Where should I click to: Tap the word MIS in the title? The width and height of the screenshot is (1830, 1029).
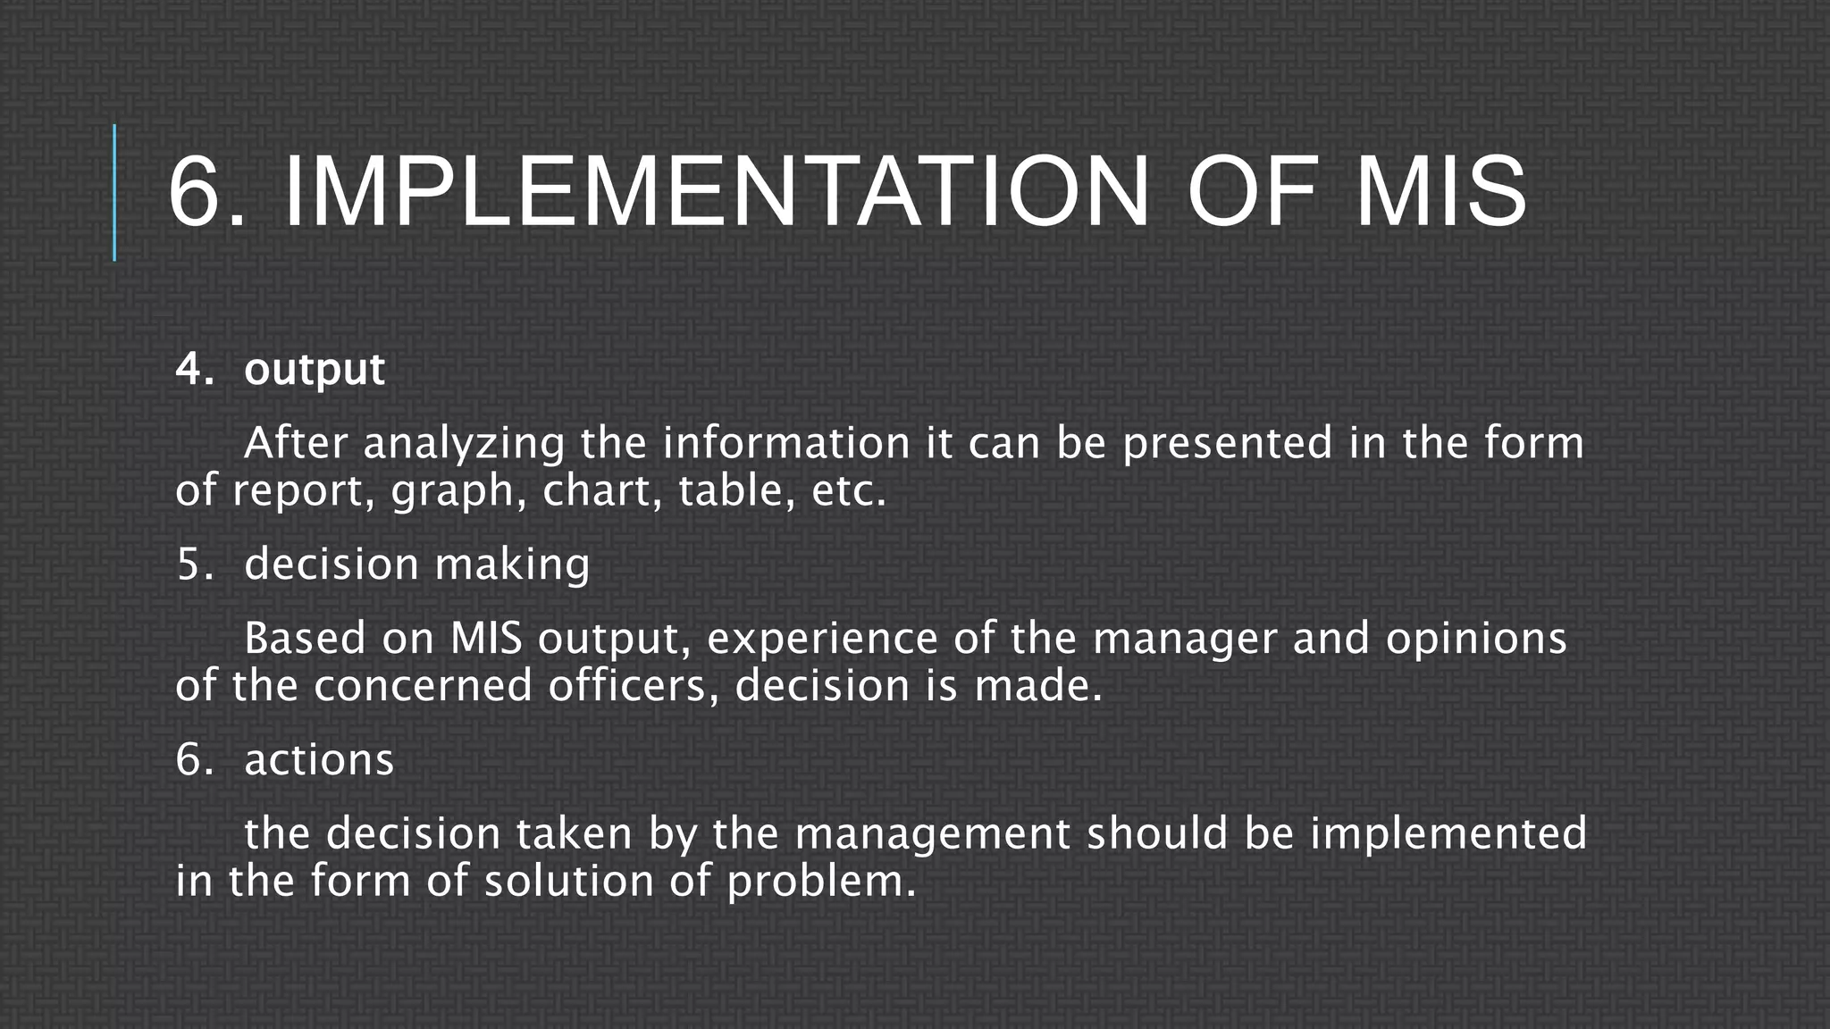(1440, 193)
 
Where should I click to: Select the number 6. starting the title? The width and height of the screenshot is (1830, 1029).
(206, 193)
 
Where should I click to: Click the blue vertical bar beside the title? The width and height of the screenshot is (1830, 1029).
(114, 193)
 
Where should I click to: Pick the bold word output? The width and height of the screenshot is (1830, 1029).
(314, 369)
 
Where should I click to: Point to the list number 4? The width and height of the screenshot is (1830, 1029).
(194, 369)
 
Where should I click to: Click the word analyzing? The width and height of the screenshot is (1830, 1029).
(464, 444)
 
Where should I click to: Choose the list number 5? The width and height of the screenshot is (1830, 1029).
(194, 565)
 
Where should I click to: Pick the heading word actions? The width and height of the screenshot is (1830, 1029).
(319, 760)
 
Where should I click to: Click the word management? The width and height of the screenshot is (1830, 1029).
(932, 835)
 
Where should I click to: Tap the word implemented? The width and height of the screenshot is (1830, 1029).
(1448, 835)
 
